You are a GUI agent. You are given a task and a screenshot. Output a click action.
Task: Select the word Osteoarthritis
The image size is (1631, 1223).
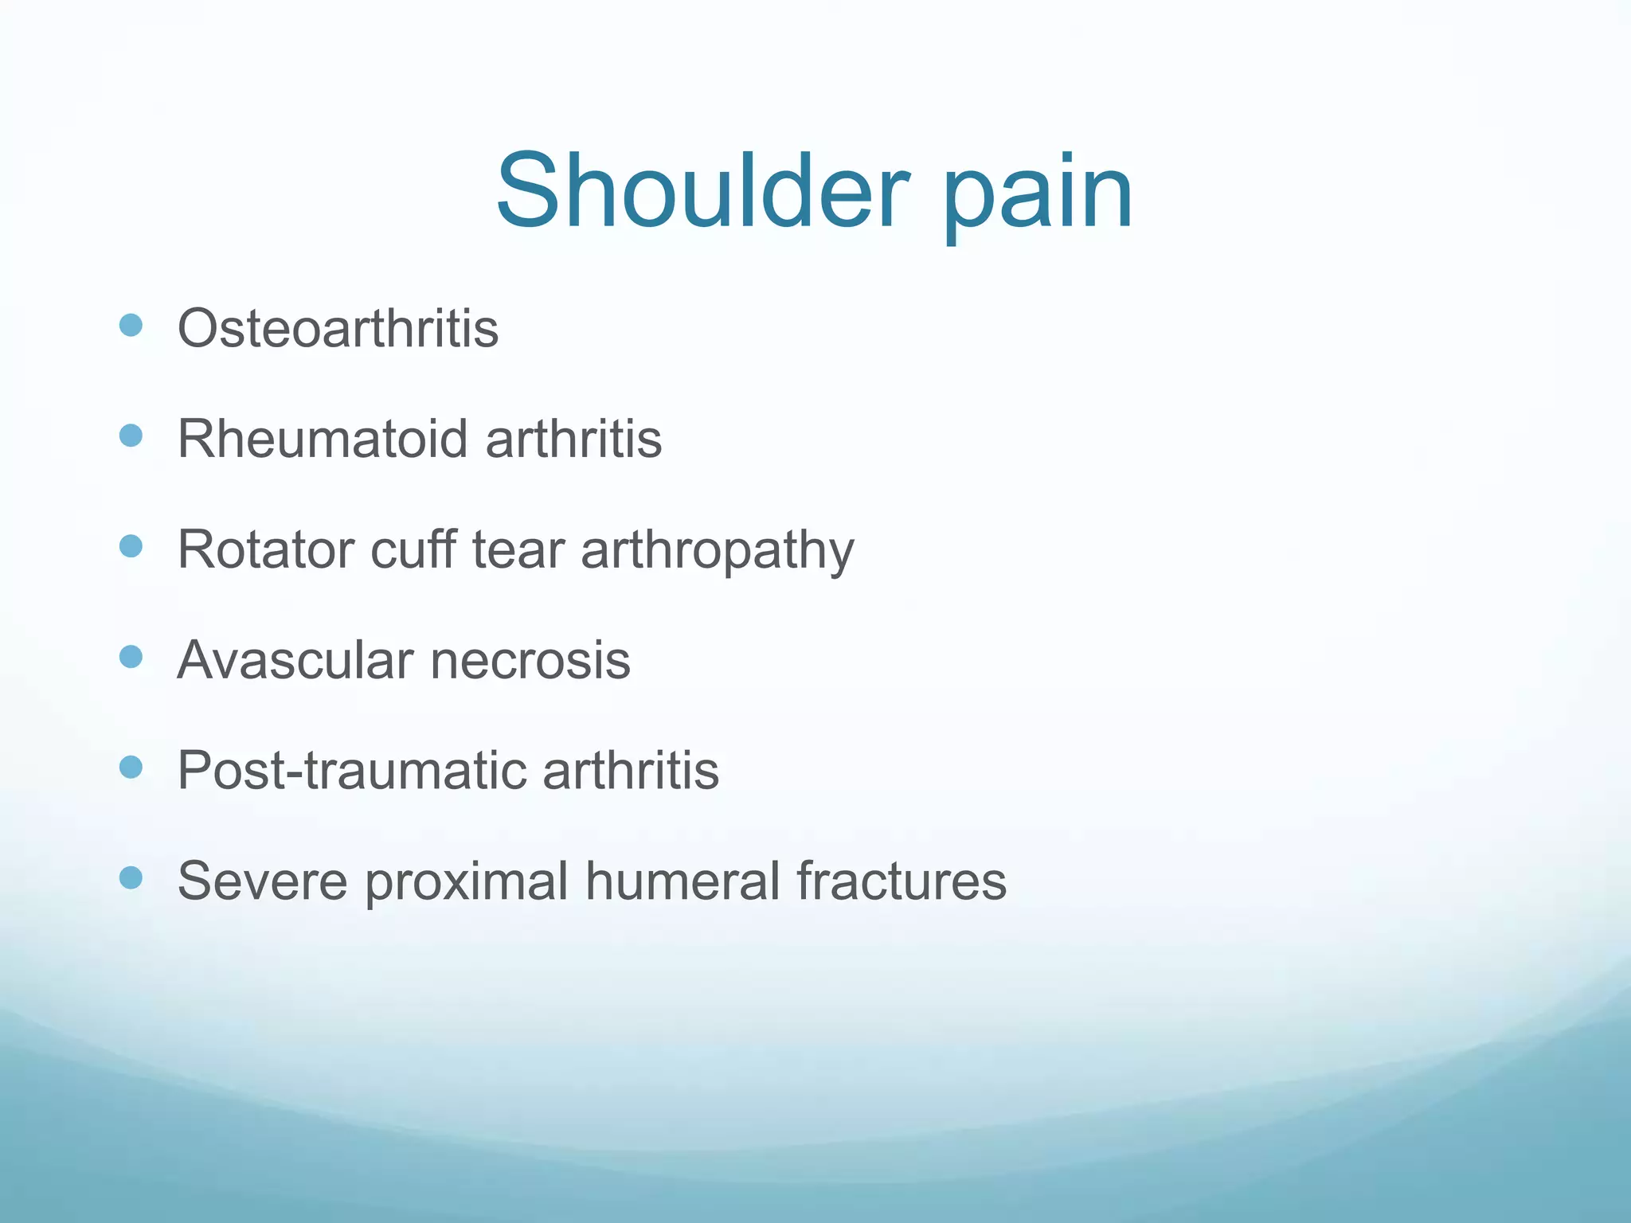point(338,328)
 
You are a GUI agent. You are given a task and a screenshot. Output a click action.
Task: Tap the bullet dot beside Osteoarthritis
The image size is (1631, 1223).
point(131,325)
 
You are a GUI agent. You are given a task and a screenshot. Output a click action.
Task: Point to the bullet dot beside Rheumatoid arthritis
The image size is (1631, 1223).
point(131,436)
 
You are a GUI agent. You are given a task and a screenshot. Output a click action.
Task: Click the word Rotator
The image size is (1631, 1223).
point(265,549)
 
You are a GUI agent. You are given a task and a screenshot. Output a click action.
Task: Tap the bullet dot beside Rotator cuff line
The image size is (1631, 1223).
point(131,546)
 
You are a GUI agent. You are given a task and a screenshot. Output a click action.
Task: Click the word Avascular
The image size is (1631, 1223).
point(295,660)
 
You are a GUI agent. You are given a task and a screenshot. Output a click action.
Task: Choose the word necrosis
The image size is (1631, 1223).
point(530,662)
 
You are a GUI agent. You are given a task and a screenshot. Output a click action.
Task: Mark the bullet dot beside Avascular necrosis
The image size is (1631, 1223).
point(131,657)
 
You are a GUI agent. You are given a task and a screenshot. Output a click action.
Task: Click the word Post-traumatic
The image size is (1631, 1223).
point(351,771)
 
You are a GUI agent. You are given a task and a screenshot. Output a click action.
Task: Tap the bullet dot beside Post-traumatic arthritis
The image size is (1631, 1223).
point(131,768)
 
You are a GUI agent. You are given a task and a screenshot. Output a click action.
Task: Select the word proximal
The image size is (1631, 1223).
point(466,884)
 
